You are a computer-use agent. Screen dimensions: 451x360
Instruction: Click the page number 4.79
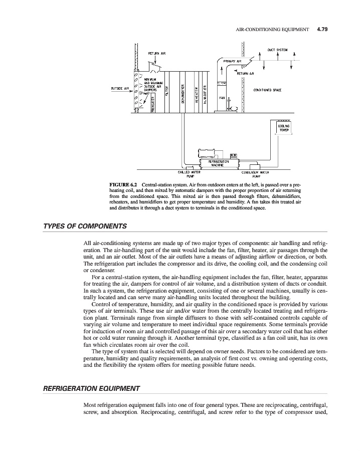tap(322, 30)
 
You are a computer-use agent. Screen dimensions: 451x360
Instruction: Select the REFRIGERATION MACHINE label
tap(215, 163)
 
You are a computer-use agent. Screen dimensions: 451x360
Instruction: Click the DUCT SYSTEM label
tap(277, 50)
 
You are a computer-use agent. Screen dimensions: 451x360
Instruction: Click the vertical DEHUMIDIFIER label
tap(184, 94)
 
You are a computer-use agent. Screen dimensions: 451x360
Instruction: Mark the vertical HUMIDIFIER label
tap(205, 93)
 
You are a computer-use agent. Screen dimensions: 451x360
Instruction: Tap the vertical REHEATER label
tap(197, 94)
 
